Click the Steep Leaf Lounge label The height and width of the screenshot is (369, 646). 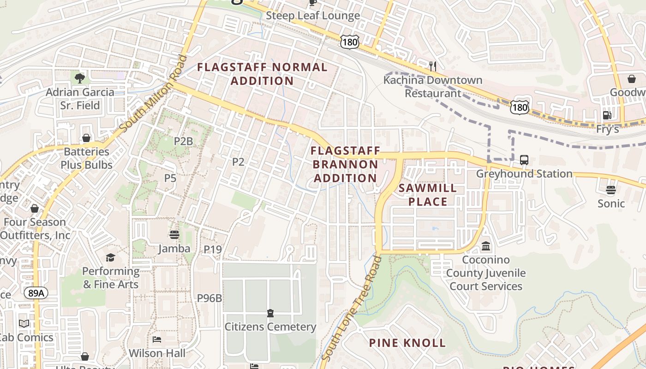tap(313, 16)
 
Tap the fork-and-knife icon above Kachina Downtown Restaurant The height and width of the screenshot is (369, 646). tap(433, 66)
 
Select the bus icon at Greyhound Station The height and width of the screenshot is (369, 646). tap(524, 160)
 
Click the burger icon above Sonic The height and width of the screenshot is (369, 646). tap(611, 190)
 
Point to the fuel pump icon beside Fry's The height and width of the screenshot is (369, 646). tap(607, 115)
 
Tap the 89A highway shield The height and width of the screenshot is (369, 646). tap(36, 293)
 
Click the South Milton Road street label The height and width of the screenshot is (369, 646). tap(154, 94)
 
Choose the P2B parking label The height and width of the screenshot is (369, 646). tap(183, 141)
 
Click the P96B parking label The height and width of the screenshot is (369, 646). tap(209, 298)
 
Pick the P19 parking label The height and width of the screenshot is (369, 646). tap(213, 250)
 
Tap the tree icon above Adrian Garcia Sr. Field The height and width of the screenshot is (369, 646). tap(80, 78)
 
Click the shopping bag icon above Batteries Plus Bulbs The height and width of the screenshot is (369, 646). tap(86, 138)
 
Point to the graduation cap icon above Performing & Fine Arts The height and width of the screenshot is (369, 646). tap(110, 257)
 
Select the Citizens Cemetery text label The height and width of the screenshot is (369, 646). tap(270, 327)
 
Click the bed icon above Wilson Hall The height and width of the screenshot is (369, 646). tap(157, 339)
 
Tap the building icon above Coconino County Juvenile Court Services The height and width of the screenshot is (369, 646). tap(486, 246)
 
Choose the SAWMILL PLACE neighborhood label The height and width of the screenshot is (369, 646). tap(427, 195)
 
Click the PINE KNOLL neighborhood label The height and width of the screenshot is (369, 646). tap(407, 343)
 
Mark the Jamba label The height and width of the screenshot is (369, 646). tap(174, 249)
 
